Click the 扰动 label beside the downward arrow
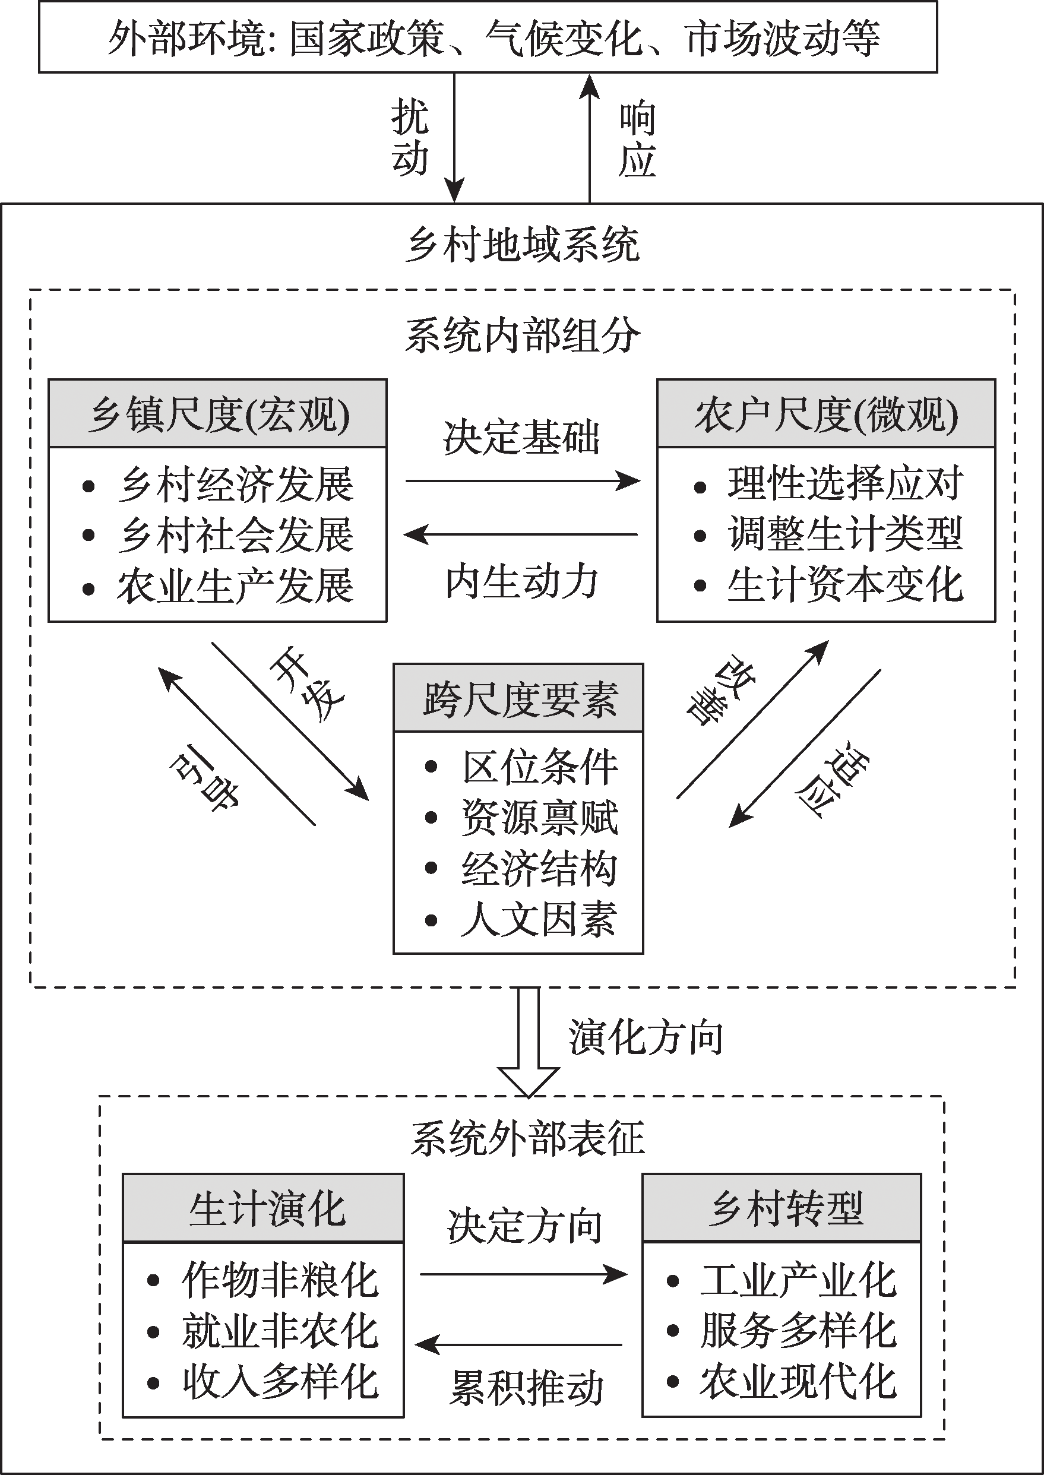410,138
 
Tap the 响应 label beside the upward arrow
637,138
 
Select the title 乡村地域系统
522,245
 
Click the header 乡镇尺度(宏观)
218,414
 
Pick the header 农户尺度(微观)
826,414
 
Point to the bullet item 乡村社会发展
235,536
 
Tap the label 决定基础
521,438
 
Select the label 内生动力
522,582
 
